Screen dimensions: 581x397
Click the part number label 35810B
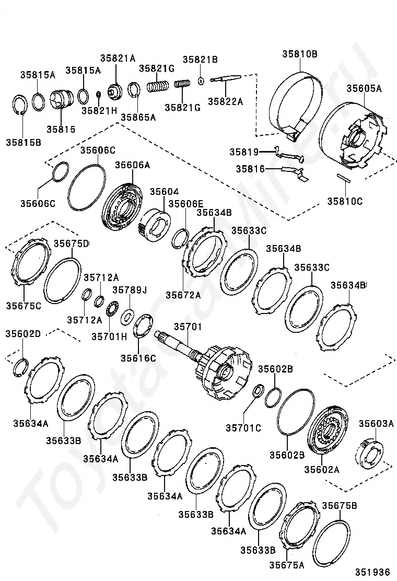pyautogui.click(x=300, y=54)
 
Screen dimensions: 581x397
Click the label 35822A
pyautogui.click(x=226, y=101)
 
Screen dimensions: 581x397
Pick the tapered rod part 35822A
pyautogui.click(x=226, y=79)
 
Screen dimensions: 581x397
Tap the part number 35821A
pyautogui.click(x=118, y=58)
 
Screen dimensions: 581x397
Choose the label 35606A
pyautogui.click(x=132, y=165)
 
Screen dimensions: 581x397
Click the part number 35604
pyautogui.click(x=164, y=192)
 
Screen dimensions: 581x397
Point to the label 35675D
pyautogui.click(x=72, y=243)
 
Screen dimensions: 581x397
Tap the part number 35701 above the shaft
pyautogui.click(x=186, y=327)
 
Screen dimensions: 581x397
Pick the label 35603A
pyautogui.click(x=376, y=423)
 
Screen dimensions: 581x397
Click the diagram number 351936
pyautogui.click(x=373, y=571)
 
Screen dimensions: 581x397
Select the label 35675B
pyautogui.click(x=340, y=505)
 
